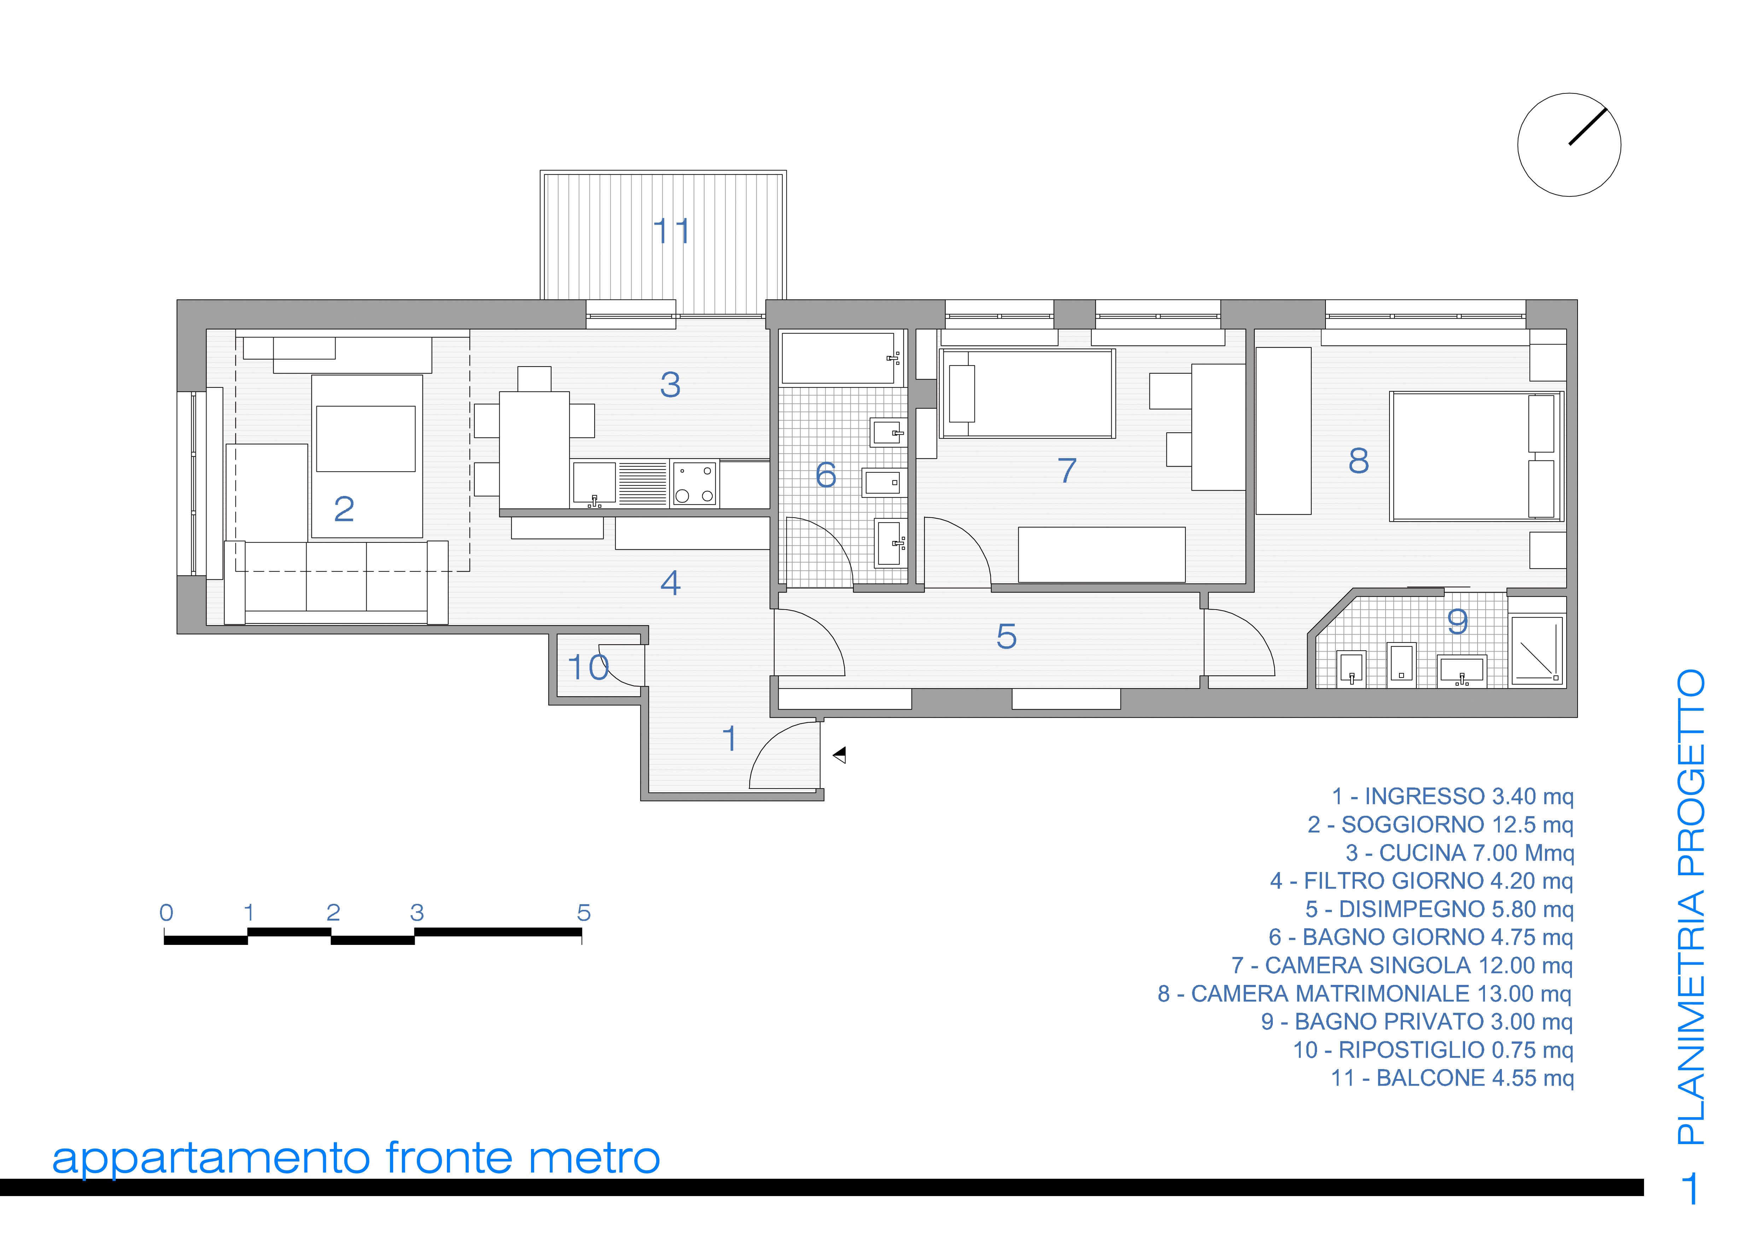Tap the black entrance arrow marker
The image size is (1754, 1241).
point(840,755)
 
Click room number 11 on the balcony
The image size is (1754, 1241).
point(671,231)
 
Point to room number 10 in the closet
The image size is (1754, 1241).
point(588,667)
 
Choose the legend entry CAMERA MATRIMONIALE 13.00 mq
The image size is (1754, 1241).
point(1364,993)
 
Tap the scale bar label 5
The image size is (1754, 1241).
point(584,912)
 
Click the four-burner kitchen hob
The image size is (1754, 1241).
point(694,483)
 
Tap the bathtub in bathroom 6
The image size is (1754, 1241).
point(838,358)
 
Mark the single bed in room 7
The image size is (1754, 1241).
point(1027,393)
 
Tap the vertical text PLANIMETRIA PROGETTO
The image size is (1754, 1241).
point(1691,906)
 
